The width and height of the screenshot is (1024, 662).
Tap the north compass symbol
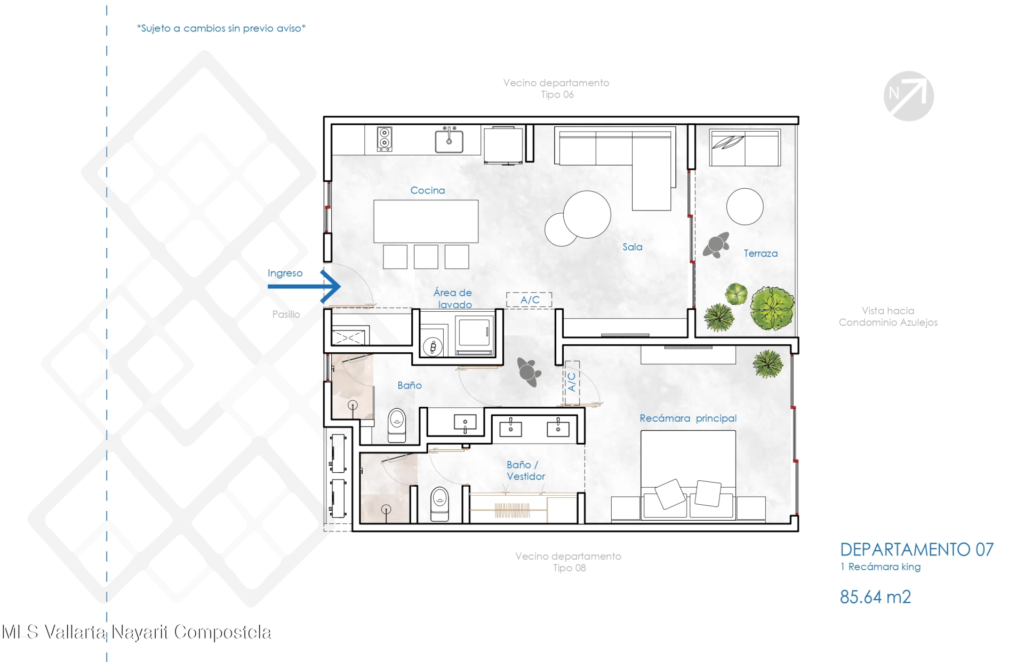click(x=908, y=96)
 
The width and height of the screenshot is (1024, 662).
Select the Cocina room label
click(x=427, y=190)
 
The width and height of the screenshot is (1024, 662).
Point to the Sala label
click(x=632, y=247)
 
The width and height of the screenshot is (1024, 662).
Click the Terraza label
click(x=761, y=254)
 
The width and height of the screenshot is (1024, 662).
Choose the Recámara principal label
click(x=688, y=418)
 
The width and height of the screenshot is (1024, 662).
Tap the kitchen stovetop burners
click(x=384, y=139)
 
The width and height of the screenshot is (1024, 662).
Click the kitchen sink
click(x=449, y=141)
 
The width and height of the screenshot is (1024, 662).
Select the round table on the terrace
click(x=745, y=206)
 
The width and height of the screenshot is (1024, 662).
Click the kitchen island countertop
click(x=426, y=221)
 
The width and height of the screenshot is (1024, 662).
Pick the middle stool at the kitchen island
click(x=426, y=256)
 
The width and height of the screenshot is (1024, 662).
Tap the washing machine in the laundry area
click(x=433, y=346)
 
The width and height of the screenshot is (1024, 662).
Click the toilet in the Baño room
click(x=397, y=425)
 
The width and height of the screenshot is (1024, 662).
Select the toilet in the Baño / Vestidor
click(x=439, y=504)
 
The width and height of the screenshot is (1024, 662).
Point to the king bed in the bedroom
click(x=688, y=474)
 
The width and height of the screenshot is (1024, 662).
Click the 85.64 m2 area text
click(x=875, y=597)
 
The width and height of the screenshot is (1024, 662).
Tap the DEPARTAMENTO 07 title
click(x=917, y=550)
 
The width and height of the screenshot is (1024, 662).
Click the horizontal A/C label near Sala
click(x=530, y=300)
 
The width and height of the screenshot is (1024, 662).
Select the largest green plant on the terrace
click(x=772, y=308)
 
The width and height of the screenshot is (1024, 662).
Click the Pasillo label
click(x=286, y=314)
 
